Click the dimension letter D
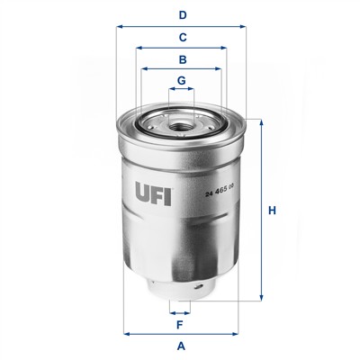(x=183, y=15)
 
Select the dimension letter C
(x=183, y=38)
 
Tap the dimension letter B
(x=183, y=59)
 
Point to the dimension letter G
(x=182, y=80)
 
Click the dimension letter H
(x=272, y=211)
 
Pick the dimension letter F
(x=179, y=325)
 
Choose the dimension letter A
(x=181, y=346)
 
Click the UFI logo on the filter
(x=153, y=193)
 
